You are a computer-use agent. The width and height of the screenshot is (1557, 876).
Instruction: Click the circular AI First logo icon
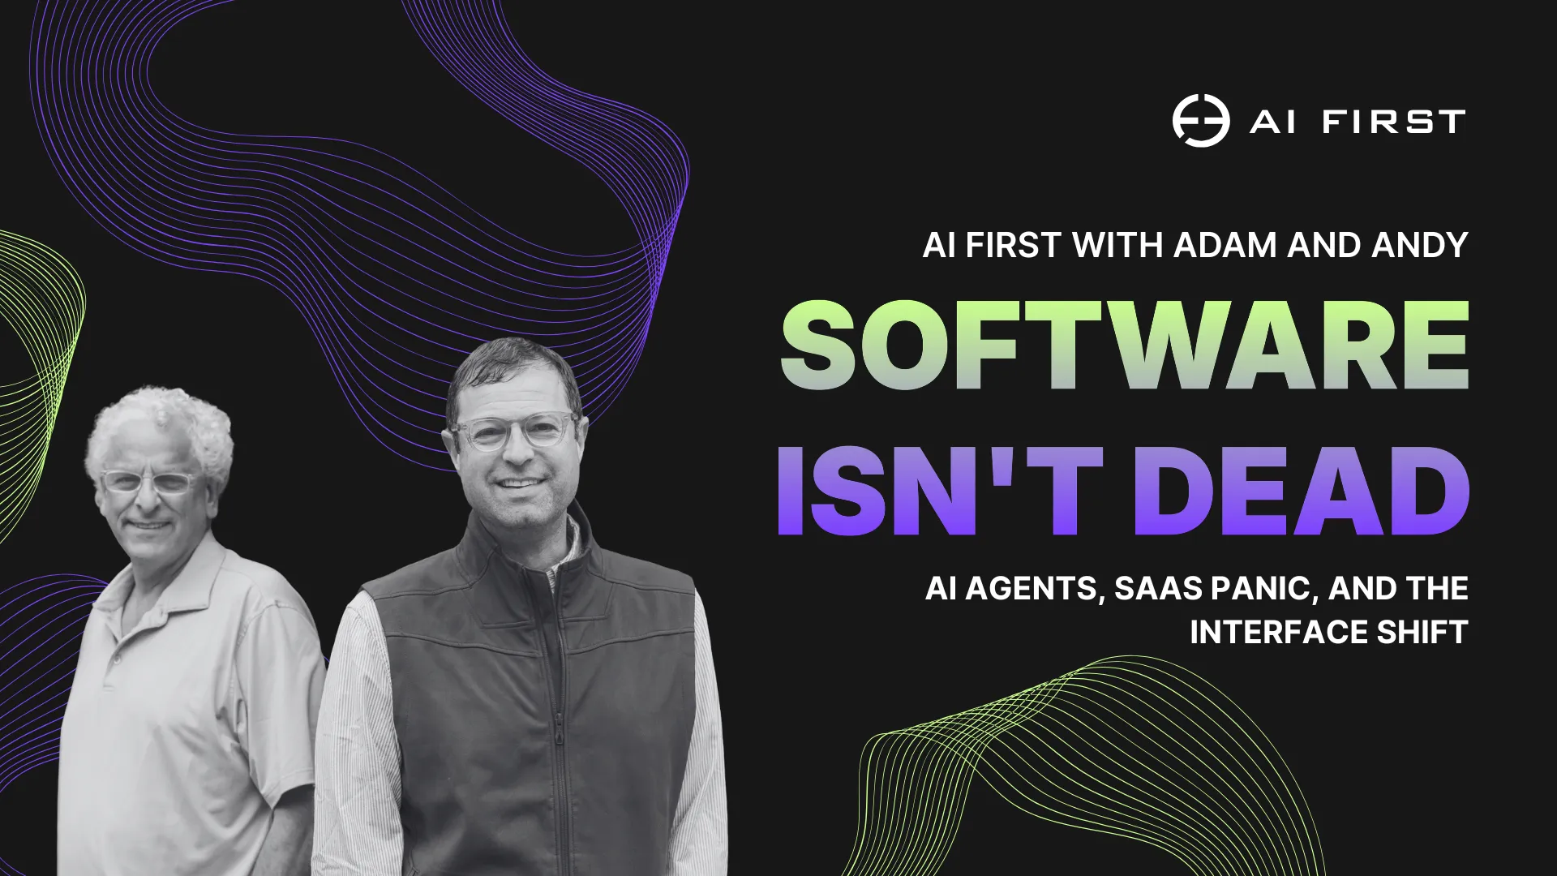click(x=1200, y=121)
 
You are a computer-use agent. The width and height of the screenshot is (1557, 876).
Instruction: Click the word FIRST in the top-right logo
click(x=1393, y=122)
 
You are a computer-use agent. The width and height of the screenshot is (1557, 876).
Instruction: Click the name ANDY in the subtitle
click(x=1419, y=245)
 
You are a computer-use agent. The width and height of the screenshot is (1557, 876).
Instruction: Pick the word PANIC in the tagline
click(x=1262, y=589)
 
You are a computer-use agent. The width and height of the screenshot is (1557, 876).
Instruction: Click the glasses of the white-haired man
click(x=148, y=482)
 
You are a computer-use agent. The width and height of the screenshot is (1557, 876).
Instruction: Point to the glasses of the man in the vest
click(x=515, y=432)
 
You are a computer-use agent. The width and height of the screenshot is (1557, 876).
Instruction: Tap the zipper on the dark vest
click(x=559, y=730)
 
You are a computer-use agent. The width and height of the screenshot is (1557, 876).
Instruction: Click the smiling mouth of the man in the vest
click(x=519, y=484)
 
